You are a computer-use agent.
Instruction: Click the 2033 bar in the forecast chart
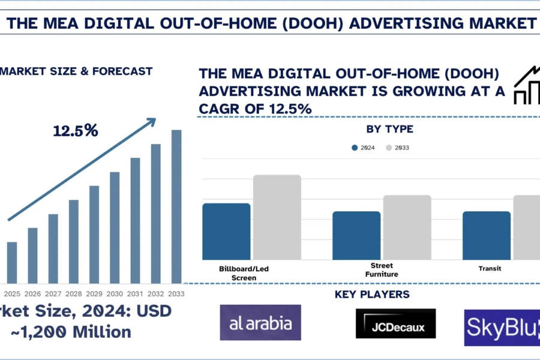(x=176, y=206)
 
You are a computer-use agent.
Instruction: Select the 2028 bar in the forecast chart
(x=73, y=241)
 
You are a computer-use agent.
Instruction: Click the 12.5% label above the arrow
(x=75, y=130)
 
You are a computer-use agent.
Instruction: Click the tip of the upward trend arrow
(x=154, y=119)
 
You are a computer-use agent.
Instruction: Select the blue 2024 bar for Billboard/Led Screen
(x=226, y=232)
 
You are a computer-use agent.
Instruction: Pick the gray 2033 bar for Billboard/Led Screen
(x=277, y=217)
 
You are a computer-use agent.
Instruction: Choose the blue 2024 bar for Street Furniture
(x=356, y=235)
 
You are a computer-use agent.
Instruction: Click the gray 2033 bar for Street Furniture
(x=407, y=227)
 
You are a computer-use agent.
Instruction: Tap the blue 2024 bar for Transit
(x=487, y=235)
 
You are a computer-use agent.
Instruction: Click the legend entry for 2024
(x=364, y=148)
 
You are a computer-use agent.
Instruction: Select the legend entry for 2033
(x=397, y=148)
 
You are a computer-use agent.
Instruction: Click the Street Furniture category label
(x=382, y=269)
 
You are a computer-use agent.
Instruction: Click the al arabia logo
(x=260, y=323)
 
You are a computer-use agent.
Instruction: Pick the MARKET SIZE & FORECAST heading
(x=76, y=71)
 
